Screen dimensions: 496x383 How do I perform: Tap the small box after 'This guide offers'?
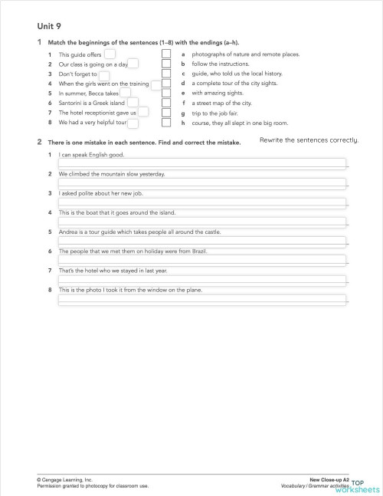click(x=110, y=54)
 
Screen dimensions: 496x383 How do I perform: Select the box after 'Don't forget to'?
click(x=104, y=74)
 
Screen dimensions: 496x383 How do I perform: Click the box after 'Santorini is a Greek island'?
click(x=133, y=103)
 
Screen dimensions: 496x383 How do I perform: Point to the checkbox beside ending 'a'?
click(x=165, y=55)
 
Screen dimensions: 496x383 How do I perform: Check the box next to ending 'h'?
click(x=165, y=122)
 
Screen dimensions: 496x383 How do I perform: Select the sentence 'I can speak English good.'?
click(x=92, y=155)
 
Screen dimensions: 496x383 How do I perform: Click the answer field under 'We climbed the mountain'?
click(x=202, y=182)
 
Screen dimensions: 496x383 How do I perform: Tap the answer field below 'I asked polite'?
click(x=202, y=202)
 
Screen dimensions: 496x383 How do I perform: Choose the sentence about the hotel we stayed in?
click(x=113, y=270)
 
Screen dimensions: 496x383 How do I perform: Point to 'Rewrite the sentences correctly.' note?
click(x=309, y=140)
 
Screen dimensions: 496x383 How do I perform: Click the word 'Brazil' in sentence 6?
click(x=197, y=251)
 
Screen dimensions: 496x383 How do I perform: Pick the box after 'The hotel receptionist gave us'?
click(x=143, y=113)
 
